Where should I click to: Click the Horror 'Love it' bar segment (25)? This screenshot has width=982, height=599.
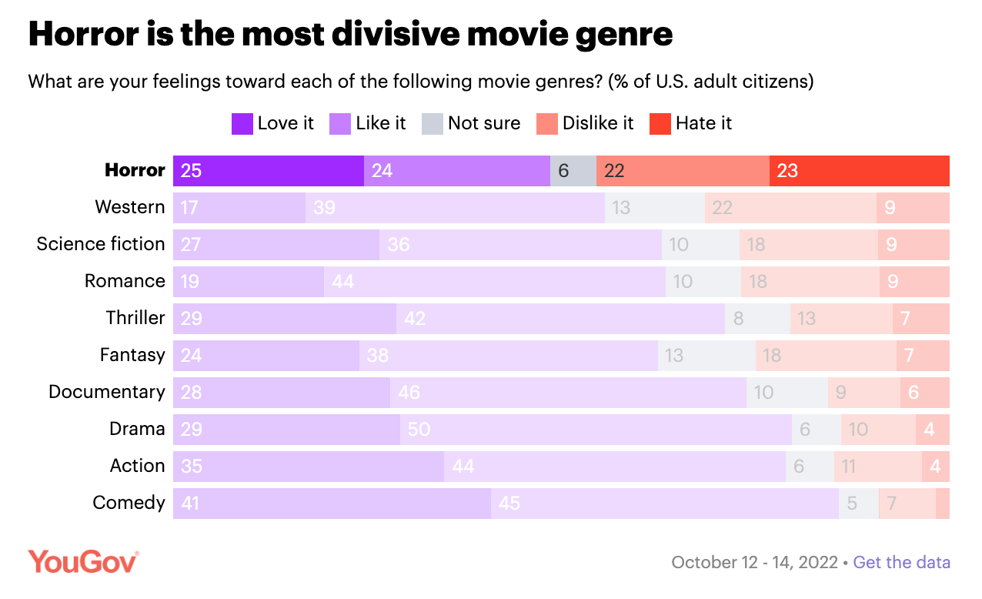[268, 170]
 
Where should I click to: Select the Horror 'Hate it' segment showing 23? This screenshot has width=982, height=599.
[859, 170]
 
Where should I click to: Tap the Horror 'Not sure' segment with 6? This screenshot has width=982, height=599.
[573, 170]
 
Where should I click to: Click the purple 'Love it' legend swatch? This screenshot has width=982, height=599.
[242, 124]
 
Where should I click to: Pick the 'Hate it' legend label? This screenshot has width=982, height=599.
[703, 123]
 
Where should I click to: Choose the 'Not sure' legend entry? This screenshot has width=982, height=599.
[483, 123]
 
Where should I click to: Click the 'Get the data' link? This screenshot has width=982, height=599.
[901, 562]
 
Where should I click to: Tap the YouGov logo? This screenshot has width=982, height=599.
[84, 561]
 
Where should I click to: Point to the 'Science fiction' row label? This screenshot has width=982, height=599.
[101, 244]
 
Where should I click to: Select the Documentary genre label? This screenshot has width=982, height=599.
[106, 392]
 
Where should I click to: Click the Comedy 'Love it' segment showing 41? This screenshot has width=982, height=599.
[331, 503]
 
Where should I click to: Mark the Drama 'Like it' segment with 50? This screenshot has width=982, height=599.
[595, 429]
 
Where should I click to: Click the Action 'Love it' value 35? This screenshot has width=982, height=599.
[191, 466]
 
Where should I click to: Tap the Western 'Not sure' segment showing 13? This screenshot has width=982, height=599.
[654, 207]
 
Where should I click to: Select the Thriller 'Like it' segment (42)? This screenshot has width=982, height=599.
[559, 318]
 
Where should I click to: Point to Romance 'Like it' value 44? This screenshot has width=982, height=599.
[343, 281]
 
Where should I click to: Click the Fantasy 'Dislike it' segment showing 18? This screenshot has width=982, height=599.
[825, 355]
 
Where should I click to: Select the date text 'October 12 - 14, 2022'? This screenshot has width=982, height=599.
[754, 562]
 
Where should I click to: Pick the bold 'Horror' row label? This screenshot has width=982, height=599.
[135, 170]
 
